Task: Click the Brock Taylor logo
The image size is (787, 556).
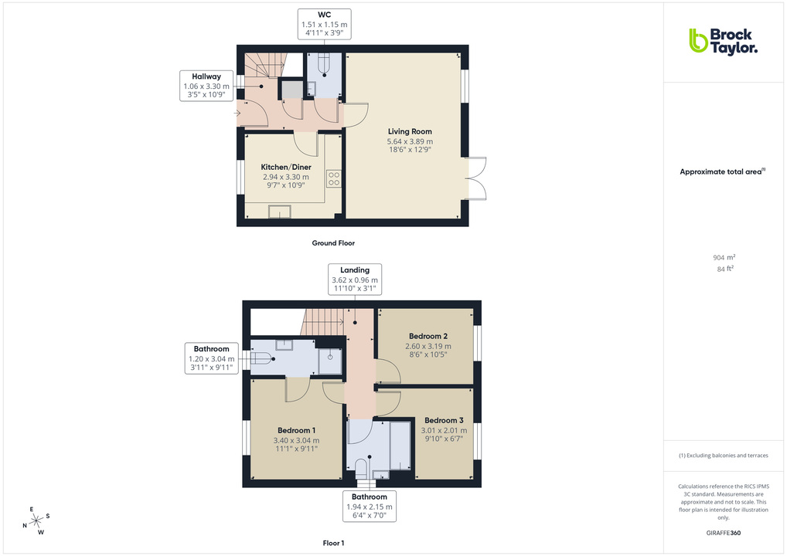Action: pyautogui.click(x=723, y=41)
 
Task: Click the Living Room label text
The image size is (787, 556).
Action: pyautogui.click(x=410, y=132)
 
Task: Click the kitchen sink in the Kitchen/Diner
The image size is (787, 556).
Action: pyautogui.click(x=279, y=212)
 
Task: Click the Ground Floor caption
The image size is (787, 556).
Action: pyautogui.click(x=333, y=243)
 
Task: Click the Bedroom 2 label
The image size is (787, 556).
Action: pyautogui.click(x=428, y=337)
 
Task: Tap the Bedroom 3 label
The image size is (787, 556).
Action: pyautogui.click(x=444, y=421)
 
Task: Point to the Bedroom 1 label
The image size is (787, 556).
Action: pyautogui.click(x=296, y=430)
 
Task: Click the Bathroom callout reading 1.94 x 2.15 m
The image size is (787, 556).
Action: pyautogui.click(x=370, y=506)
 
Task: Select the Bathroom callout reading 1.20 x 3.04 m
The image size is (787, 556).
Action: pyautogui.click(x=211, y=359)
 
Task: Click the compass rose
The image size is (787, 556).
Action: pyautogui.click(x=36, y=521)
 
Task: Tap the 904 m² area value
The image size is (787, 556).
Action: pyautogui.click(x=724, y=258)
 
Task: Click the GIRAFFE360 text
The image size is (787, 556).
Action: pyautogui.click(x=724, y=533)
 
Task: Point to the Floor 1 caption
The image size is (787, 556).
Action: pyautogui.click(x=333, y=544)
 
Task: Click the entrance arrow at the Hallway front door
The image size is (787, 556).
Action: pyautogui.click(x=237, y=114)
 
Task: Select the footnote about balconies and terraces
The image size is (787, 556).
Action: pyautogui.click(x=724, y=456)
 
